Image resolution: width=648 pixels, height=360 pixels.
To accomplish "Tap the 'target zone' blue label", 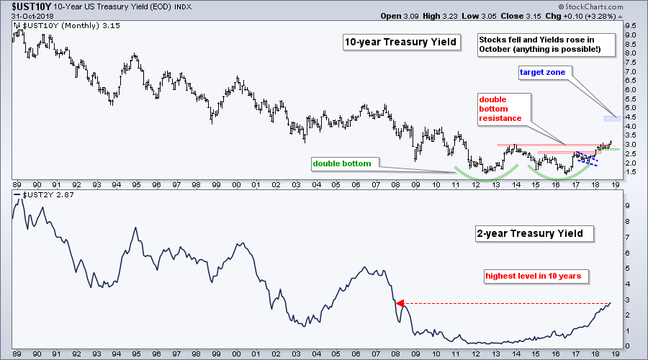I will click(543, 72).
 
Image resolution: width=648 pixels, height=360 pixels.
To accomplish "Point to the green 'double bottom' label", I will click(341, 163).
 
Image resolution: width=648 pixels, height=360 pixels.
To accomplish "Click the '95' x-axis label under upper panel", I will click(135, 184).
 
